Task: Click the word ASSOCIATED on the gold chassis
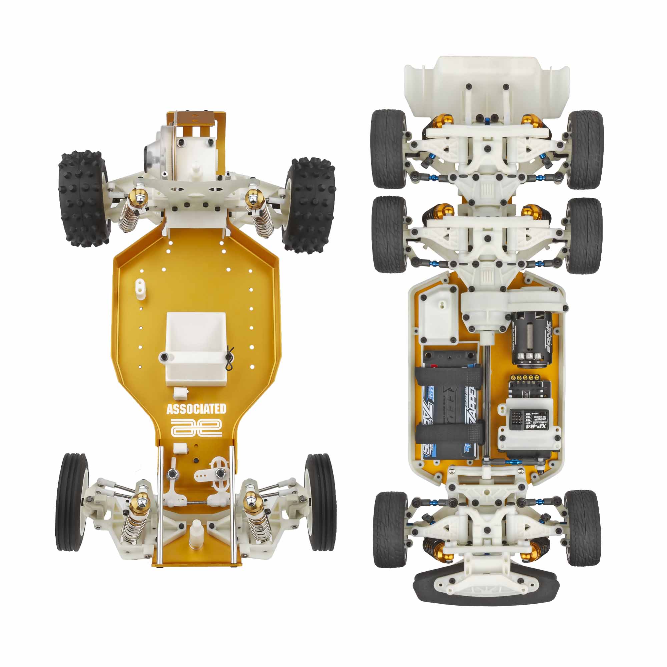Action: pos(196,410)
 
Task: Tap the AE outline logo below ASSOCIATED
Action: pos(196,429)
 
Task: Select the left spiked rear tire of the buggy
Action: pos(82,200)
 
